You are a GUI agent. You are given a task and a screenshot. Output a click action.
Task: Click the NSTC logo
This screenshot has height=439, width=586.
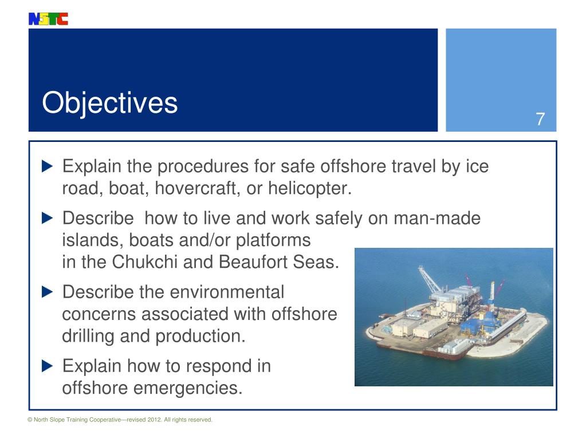point(48,19)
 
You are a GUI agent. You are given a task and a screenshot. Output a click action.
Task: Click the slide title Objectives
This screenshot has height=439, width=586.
point(109,104)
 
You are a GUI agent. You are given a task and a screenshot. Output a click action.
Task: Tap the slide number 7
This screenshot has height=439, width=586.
point(540,120)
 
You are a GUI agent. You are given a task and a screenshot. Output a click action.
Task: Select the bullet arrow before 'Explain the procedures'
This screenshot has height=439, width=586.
point(48,167)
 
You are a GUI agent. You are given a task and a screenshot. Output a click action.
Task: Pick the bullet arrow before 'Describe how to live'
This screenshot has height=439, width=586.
point(48,218)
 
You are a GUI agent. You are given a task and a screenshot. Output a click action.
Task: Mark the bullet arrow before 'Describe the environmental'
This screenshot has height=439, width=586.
point(48,292)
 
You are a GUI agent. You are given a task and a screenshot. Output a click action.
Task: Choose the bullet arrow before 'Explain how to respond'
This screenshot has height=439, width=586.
point(48,366)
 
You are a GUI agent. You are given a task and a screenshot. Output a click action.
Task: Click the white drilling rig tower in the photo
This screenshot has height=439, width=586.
point(491,289)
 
